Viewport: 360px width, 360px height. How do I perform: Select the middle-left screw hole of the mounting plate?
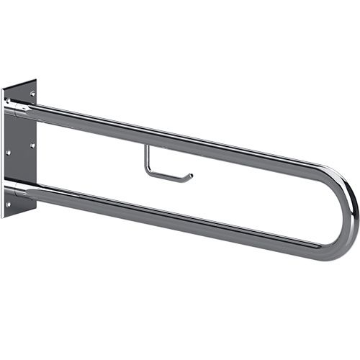pyautogui.click(x=7, y=153)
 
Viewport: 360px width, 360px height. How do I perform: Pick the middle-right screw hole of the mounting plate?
pyautogui.click(x=32, y=146)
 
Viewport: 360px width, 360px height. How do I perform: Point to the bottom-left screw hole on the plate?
pyautogui.click(x=8, y=204)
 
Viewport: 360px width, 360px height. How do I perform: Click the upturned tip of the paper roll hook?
pyautogui.click(x=191, y=175)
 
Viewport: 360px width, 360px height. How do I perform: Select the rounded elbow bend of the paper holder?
pyautogui.click(x=149, y=172)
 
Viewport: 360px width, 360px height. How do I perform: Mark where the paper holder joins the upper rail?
pyautogui.click(x=146, y=145)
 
